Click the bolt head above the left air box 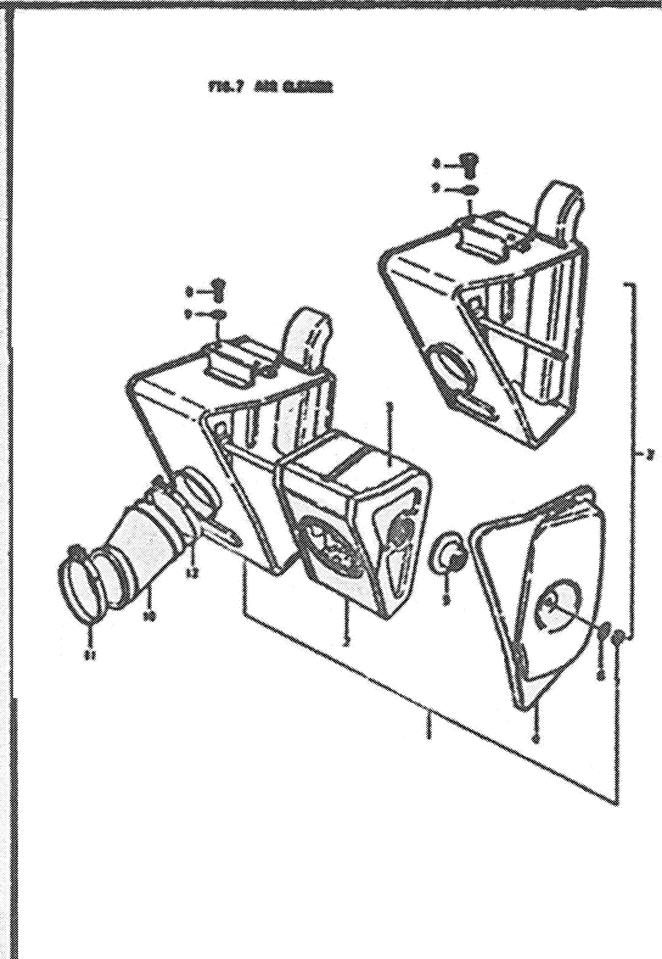218,286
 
